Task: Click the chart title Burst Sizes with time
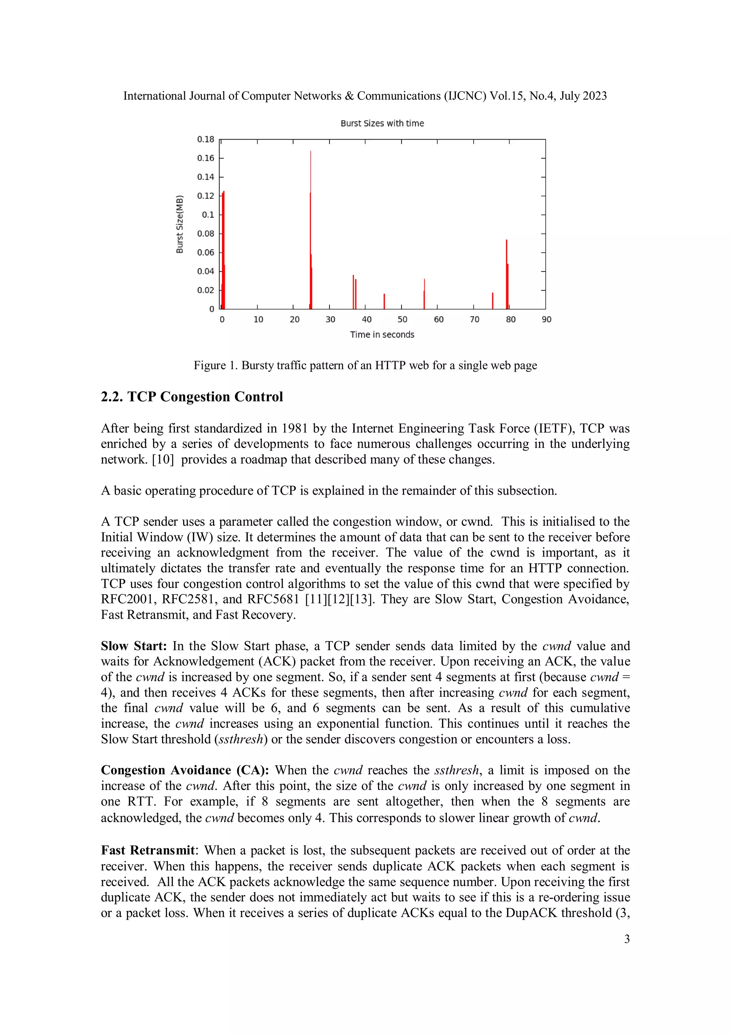click(x=382, y=123)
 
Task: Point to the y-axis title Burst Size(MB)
click(x=180, y=224)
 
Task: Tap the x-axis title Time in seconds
click(x=382, y=334)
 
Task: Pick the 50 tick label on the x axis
click(x=402, y=319)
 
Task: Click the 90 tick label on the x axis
click(x=546, y=319)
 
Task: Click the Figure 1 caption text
click(x=365, y=365)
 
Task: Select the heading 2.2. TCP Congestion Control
click(x=192, y=397)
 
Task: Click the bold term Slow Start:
click(x=134, y=646)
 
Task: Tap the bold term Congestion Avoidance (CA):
click(x=185, y=770)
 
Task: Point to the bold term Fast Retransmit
click(x=148, y=850)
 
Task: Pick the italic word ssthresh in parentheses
click(x=241, y=739)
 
